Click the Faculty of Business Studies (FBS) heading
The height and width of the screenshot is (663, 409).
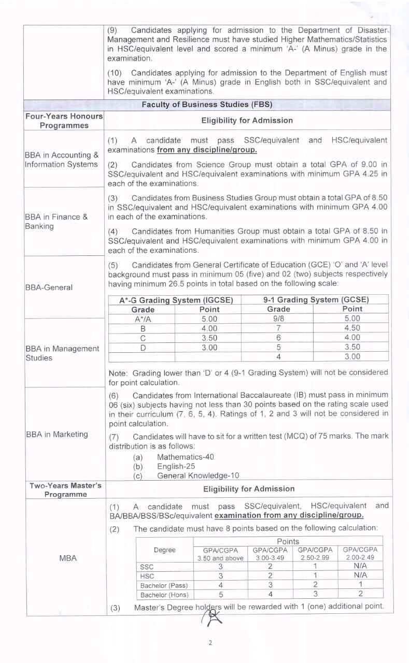coord(207,105)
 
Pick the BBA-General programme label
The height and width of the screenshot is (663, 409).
coord(49,287)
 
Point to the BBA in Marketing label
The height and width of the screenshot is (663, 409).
coord(57,434)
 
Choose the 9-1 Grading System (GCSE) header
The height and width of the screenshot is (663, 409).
coord(316,300)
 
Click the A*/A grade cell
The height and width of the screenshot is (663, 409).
coord(143,319)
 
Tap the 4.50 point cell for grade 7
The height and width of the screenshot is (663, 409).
coord(352,328)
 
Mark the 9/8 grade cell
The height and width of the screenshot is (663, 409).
coord(278,319)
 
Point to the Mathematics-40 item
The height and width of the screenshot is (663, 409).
coord(185,457)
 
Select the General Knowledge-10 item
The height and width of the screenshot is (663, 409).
coord(198,475)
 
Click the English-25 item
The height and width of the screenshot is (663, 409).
coord(176,466)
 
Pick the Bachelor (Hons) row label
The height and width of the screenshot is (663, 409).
coord(164,595)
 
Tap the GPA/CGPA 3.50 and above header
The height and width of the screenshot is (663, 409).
coord(220,554)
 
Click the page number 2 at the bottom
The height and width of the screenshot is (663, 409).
coord(210,643)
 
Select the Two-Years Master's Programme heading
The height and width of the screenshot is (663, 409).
coord(65,490)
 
